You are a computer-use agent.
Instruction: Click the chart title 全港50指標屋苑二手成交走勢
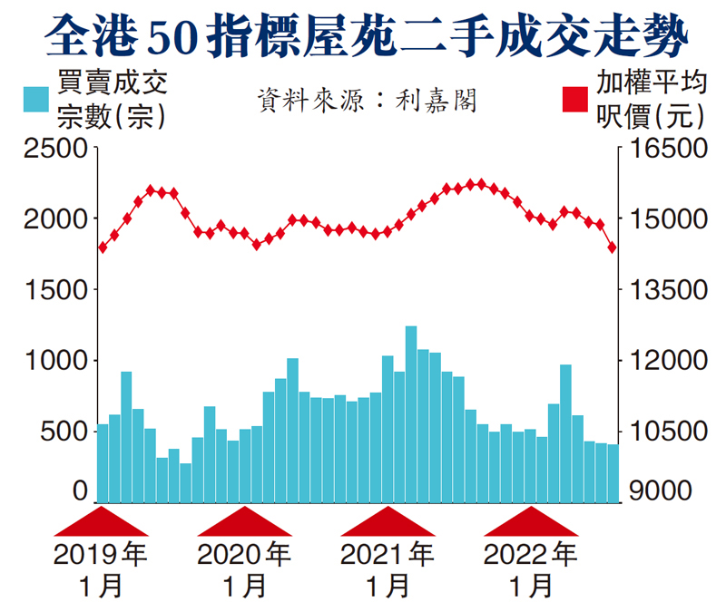coord(363,36)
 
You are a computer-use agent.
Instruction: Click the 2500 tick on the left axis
coord(55,148)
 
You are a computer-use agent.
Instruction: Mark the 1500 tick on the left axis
coord(55,289)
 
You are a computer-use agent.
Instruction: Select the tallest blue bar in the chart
coord(411,413)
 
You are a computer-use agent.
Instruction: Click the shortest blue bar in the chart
coord(185,482)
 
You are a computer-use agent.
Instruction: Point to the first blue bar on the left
coord(103,462)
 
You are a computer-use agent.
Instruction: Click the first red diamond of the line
coord(103,247)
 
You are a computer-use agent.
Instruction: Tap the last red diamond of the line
coord(613,248)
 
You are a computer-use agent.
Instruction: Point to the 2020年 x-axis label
coord(243,554)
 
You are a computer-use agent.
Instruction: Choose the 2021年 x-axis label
coord(387,554)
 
